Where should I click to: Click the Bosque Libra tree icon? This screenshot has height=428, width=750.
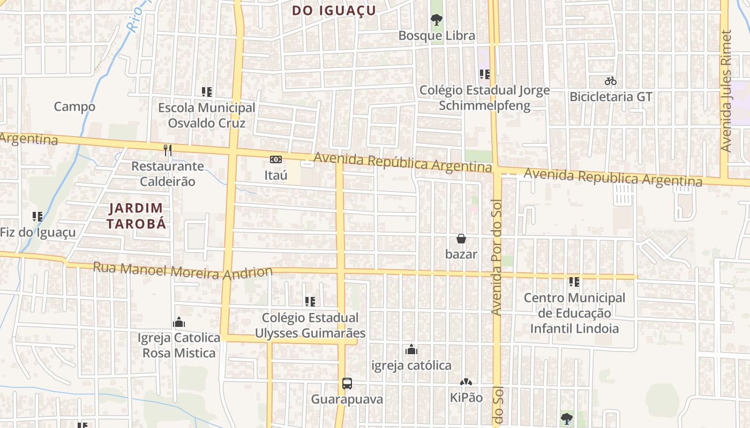437,20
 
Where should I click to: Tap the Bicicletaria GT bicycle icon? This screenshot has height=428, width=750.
611,81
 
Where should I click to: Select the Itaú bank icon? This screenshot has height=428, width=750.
276,159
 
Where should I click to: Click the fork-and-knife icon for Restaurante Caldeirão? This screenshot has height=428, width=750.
168,150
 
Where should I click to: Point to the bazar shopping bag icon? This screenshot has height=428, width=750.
461,239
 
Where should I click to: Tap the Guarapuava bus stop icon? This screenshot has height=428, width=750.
347,384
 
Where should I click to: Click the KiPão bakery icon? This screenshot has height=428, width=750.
466,383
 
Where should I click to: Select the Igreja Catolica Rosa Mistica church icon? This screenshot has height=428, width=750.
179,322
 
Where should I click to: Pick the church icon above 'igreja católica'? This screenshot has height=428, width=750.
411,349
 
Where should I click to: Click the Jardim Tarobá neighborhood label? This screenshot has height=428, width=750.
136,216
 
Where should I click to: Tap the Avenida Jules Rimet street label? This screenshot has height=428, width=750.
726,91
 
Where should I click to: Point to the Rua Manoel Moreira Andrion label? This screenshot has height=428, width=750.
183,271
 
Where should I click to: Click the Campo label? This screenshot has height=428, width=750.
74,106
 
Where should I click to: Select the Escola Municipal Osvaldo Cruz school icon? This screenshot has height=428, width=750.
207,92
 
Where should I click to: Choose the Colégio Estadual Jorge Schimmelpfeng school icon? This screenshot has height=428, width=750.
485,74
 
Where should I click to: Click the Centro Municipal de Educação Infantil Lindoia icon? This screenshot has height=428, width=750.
574,281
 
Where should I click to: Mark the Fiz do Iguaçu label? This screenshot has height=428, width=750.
38,233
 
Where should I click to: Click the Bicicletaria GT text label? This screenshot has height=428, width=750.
611,97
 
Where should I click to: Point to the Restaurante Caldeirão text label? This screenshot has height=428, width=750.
168,174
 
